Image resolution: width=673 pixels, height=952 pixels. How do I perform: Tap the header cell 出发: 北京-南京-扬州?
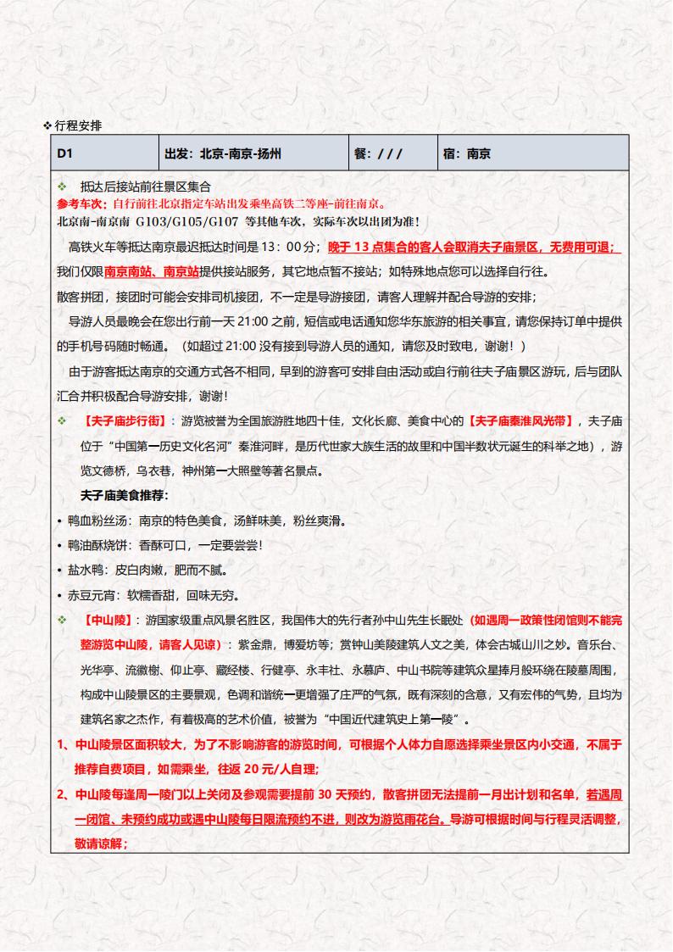[x=223, y=154]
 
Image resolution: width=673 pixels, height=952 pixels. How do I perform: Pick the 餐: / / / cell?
[x=378, y=154]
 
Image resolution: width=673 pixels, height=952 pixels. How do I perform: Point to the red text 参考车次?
[x=81, y=203]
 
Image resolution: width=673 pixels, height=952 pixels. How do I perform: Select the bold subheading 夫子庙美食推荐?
[x=124, y=494]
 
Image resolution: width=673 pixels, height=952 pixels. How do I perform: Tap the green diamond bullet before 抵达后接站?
[x=61, y=187]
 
